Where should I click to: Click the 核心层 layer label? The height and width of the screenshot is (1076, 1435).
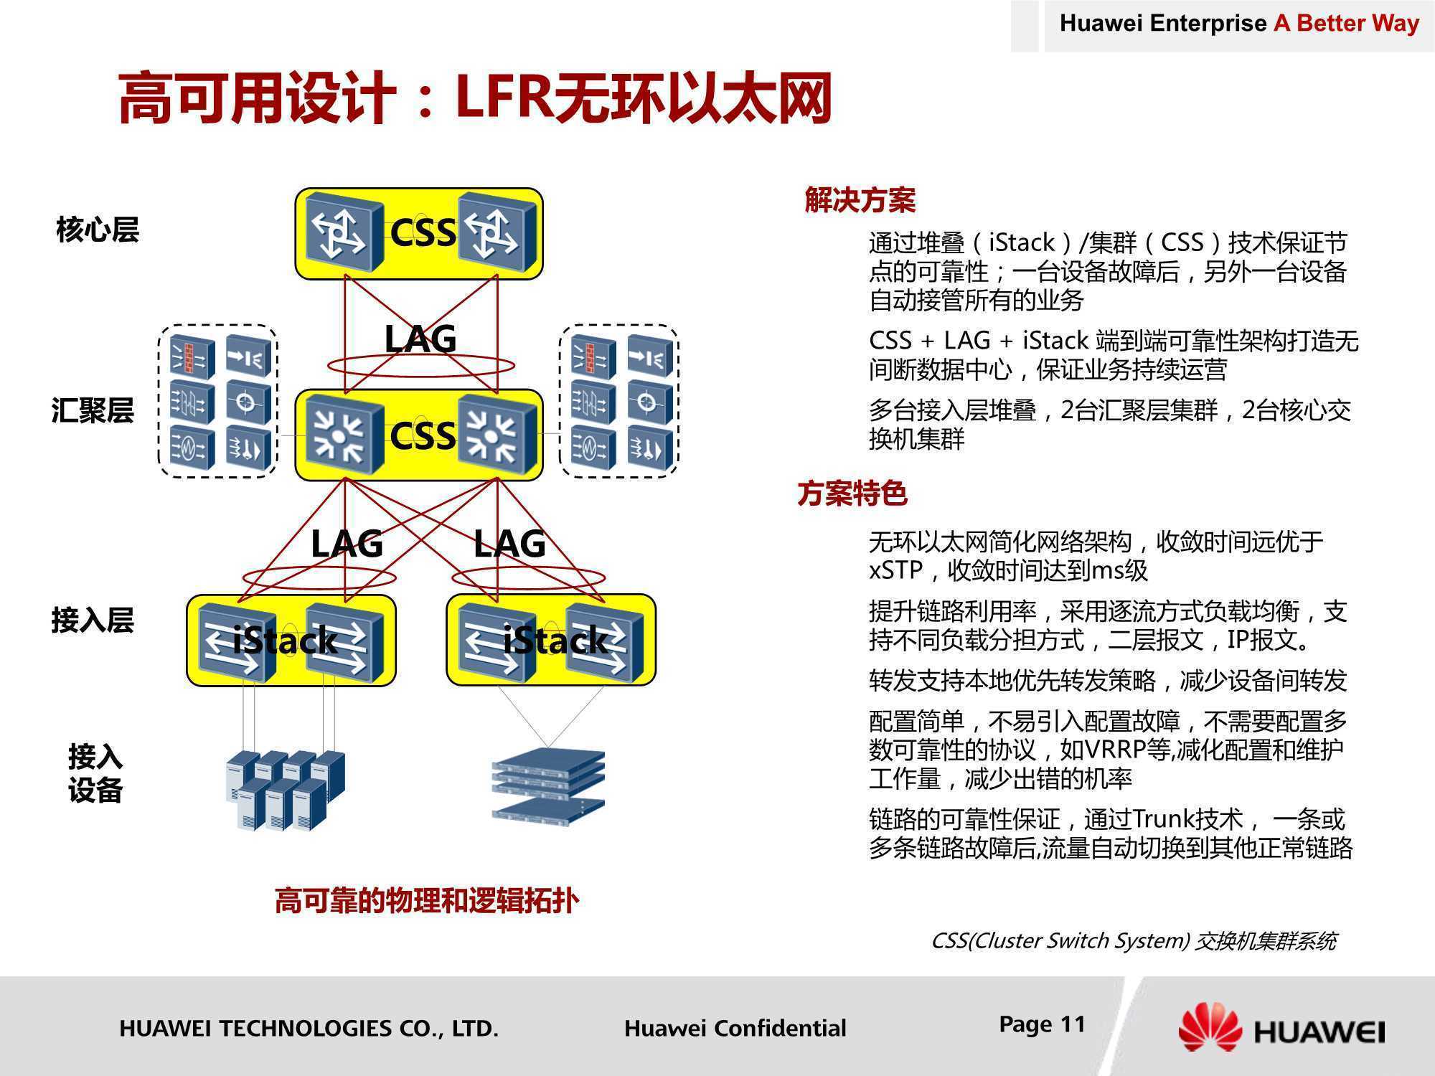coord(98,230)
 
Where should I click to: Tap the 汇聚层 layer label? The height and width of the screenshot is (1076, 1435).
coord(93,411)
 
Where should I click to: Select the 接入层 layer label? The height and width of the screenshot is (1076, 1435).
coord(93,620)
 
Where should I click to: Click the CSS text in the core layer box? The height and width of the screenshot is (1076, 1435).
coord(423,232)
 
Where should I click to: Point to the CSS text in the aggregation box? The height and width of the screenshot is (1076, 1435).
coord(423,435)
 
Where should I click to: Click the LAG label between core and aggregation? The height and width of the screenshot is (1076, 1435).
coord(420,339)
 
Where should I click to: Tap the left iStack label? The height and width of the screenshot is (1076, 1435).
coord(285,640)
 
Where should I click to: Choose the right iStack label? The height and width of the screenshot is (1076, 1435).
coord(555,640)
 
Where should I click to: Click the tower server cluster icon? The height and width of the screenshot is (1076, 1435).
coord(286,790)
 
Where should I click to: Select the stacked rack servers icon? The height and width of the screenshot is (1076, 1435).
coord(549,784)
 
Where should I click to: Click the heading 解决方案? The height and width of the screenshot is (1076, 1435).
coord(860,200)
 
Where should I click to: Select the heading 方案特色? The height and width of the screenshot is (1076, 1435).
coord(852,494)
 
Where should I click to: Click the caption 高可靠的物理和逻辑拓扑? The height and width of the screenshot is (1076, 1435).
coord(427,901)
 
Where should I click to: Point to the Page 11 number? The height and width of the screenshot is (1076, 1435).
coord(1043,1024)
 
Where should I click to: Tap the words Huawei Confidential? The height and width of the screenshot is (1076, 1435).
coord(735,1028)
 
